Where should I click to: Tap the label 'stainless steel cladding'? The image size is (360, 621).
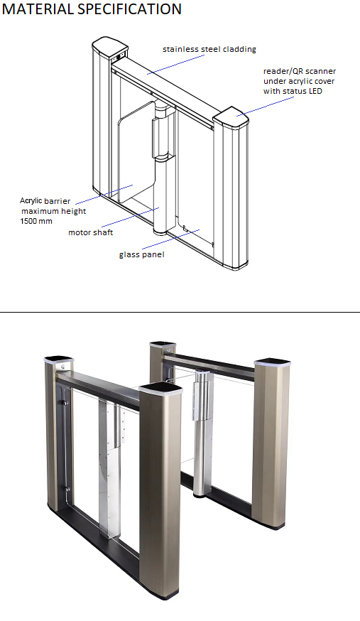pos(209,49)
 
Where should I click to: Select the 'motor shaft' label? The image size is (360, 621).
pos(91,232)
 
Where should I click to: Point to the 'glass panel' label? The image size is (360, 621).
pos(141,254)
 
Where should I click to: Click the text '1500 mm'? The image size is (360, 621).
pos(36,221)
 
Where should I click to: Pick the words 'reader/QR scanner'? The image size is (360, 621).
pos(300,71)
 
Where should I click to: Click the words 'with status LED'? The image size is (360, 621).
pos(293,91)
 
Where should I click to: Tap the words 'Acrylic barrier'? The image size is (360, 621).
pos(45,201)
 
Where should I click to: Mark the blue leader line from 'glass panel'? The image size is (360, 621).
pos(171,239)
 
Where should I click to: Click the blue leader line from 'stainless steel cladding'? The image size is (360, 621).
pos(175,64)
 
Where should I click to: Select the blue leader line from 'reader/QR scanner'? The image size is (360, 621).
pos(266,106)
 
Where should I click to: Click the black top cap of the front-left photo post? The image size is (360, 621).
pos(59,360)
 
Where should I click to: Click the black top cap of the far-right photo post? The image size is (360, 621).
pos(272,362)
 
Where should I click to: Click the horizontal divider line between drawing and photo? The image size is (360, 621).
pos(180,312)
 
